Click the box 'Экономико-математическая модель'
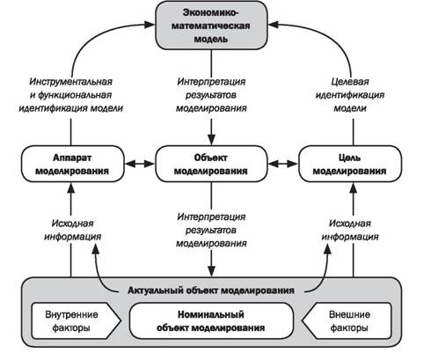pyautogui.click(x=211, y=26)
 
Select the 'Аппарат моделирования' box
pyautogui.click(x=72, y=164)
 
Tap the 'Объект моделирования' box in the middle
pyautogui.click(x=211, y=164)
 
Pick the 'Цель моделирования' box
pyautogui.click(x=350, y=164)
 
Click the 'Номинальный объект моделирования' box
pyautogui.click(x=211, y=321)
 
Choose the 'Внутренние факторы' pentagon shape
pyautogui.click(x=76, y=321)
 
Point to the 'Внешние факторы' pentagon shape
pyautogui.click(x=347, y=321)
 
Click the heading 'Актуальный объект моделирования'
pyautogui.click(x=211, y=290)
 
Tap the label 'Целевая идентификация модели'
pyautogui.click(x=350, y=95)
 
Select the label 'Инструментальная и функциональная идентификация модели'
pyautogui.click(x=71, y=95)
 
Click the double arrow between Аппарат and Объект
pyautogui.click(x=140, y=164)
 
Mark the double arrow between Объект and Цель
pyautogui.click(x=283, y=164)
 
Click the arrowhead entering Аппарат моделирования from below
pyautogui.click(x=71, y=187)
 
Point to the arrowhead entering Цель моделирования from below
pyautogui.click(x=354, y=187)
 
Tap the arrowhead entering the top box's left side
pyautogui.click(x=150, y=25)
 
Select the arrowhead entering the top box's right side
pyautogui.click(x=274, y=25)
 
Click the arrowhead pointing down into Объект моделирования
pyautogui.click(x=211, y=140)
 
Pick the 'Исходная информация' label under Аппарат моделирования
pyautogui.click(x=72, y=230)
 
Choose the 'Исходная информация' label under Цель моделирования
pyautogui.click(x=350, y=230)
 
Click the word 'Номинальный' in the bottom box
pyautogui.click(x=211, y=314)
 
